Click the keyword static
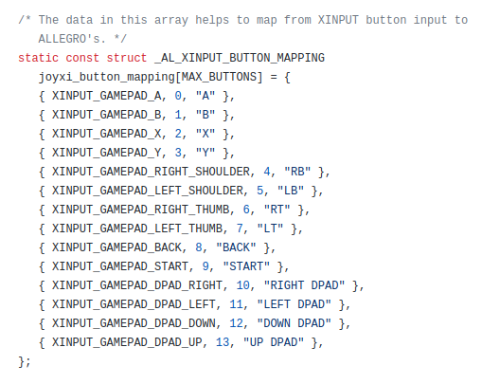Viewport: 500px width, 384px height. coord(38,58)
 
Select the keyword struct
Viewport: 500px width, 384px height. coord(127,58)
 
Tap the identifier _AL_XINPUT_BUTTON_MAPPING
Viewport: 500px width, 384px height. coord(240,58)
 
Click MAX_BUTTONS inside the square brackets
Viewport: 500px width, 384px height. coord(219,77)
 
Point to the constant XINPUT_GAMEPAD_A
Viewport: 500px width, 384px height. coord(106,96)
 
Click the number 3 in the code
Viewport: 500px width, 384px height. coord(178,153)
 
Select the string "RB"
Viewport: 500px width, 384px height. coord(297,172)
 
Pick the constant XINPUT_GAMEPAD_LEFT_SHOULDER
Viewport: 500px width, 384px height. coord(148,191)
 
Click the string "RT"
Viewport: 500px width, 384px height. coord(277,210)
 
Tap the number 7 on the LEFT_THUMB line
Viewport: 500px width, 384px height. coord(240,229)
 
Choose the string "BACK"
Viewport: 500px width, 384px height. coord(236,247)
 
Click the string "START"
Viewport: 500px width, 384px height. coord(246,266)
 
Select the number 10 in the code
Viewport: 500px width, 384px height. coord(243,285)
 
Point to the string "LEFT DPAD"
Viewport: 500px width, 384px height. coord(294,304)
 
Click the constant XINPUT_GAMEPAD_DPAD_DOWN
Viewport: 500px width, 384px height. coord(134,323)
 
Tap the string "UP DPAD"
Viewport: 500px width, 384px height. coord(274,342)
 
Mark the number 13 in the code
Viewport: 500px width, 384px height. coord(223,342)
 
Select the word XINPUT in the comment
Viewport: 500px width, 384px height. coord(338,20)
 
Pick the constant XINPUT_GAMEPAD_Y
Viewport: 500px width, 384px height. coord(106,153)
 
